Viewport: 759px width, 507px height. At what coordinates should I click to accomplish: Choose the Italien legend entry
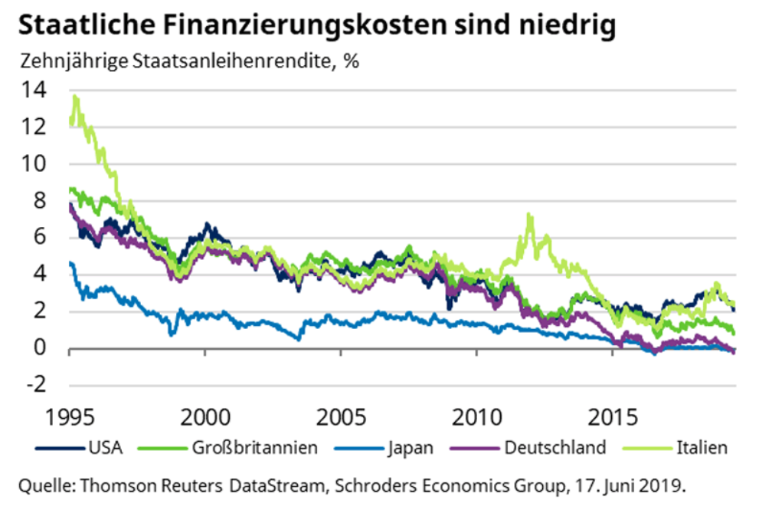pos(702,447)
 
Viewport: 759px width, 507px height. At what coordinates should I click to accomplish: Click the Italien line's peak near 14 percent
pos(74,97)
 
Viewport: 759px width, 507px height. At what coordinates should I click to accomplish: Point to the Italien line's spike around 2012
pos(529,216)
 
